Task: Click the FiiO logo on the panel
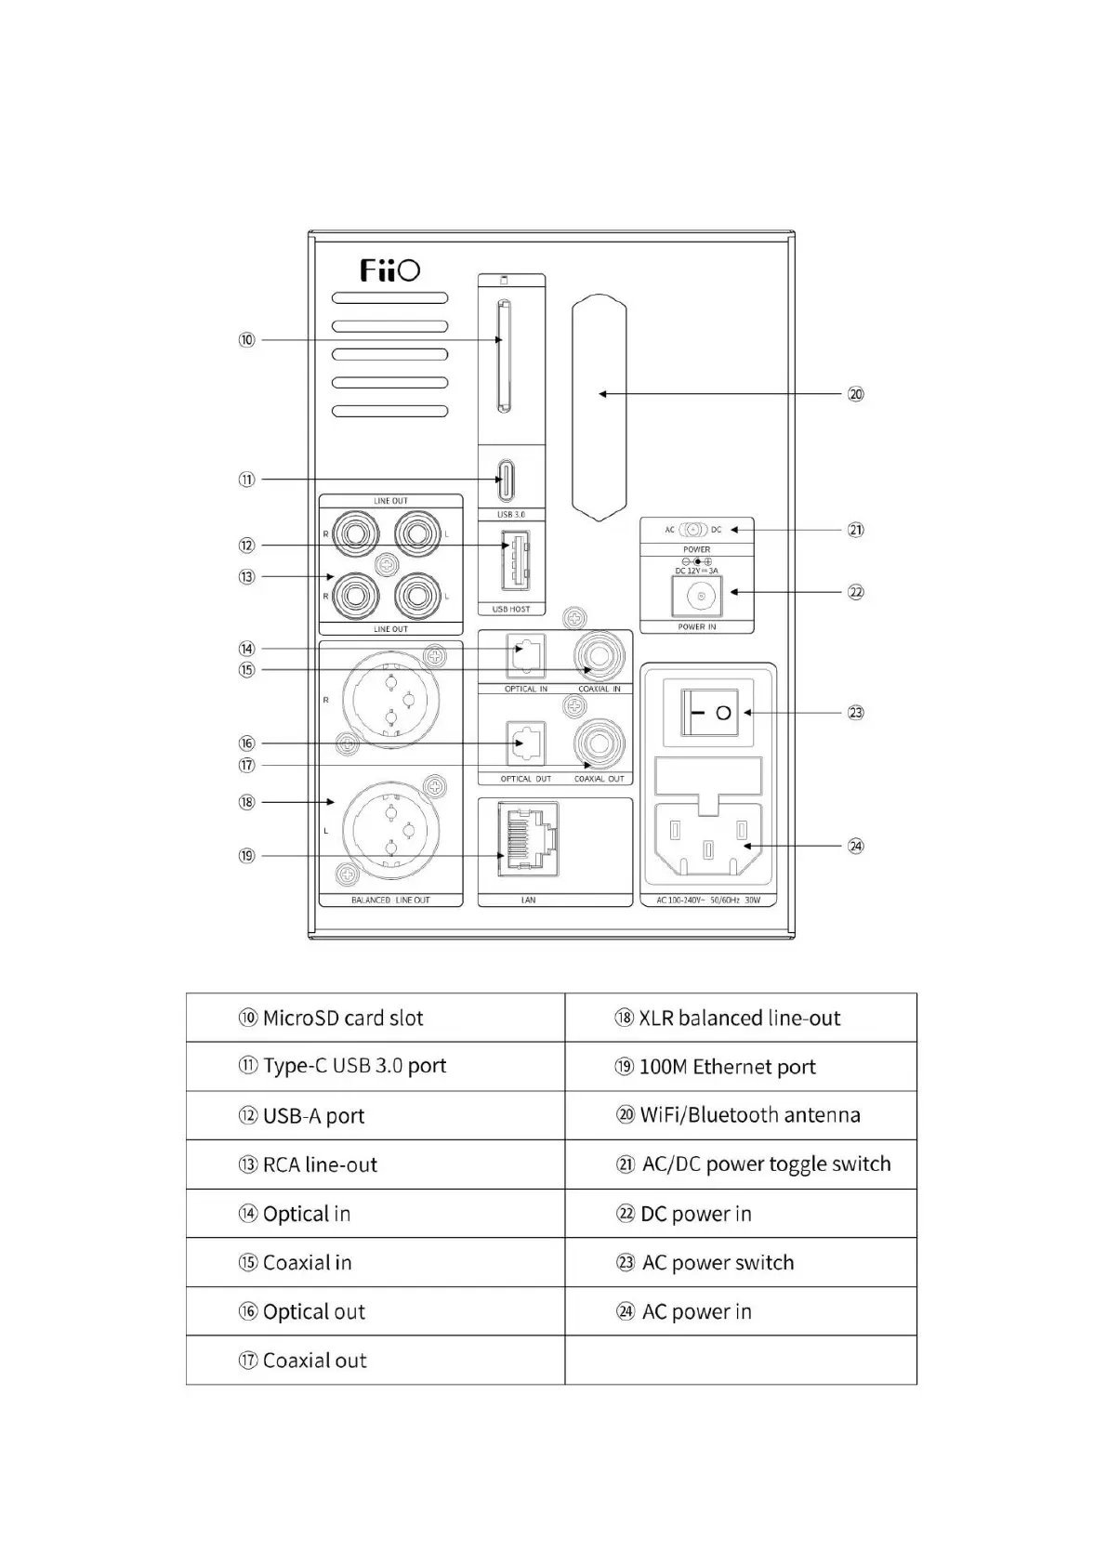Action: click(389, 270)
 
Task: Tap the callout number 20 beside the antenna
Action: click(855, 394)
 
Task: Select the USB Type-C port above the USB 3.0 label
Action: click(506, 480)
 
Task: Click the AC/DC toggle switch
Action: click(692, 530)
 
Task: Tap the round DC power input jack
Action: click(696, 595)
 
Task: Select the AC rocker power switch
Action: click(709, 713)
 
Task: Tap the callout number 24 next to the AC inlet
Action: click(855, 846)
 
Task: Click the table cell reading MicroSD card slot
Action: click(375, 1018)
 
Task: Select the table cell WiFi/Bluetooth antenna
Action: click(740, 1115)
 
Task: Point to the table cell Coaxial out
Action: click(375, 1361)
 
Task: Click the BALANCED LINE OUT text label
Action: click(390, 901)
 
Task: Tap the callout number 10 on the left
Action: click(246, 340)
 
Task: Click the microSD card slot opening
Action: click(502, 356)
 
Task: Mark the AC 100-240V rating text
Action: click(708, 901)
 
